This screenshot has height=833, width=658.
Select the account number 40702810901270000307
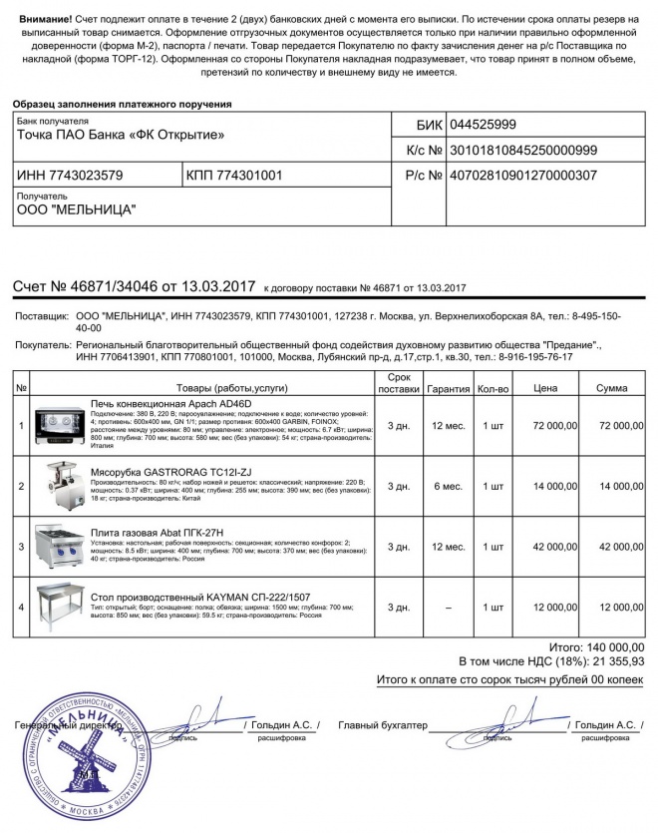(x=523, y=176)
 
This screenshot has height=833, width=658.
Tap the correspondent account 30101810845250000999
(x=523, y=151)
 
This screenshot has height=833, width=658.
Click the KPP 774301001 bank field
(x=234, y=176)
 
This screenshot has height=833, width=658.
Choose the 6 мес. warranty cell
(x=446, y=486)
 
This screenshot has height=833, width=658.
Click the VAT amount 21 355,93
(x=611, y=660)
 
